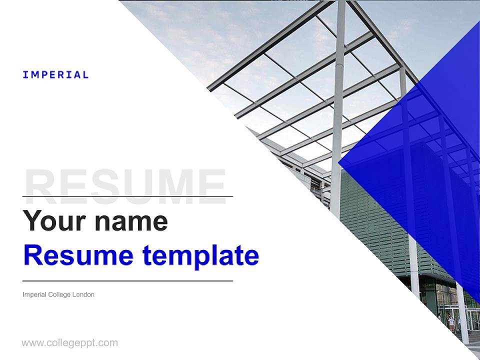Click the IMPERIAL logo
(x=55, y=75)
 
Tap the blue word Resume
(x=78, y=255)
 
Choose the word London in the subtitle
(x=83, y=294)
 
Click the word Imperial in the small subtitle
(x=34, y=294)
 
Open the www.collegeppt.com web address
(x=69, y=343)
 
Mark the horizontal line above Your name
(x=127, y=196)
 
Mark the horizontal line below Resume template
(x=127, y=281)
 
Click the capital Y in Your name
(x=31, y=220)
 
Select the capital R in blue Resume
(x=31, y=255)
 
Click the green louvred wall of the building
(x=375, y=220)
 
